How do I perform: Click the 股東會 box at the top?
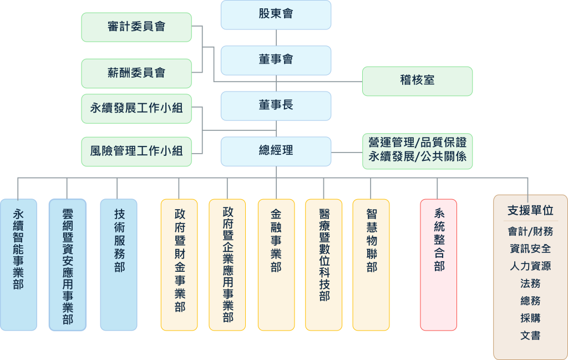tap(276, 14)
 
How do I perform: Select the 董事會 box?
tap(276, 60)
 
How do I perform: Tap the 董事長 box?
tap(276, 105)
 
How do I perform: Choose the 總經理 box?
tap(276, 151)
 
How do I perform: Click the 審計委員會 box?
tap(136, 27)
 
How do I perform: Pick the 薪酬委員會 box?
tap(136, 73)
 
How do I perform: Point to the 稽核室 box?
tap(417, 81)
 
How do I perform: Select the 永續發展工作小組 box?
tap(136, 109)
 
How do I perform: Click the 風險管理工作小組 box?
tap(136, 151)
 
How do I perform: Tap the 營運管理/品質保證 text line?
tap(418, 143)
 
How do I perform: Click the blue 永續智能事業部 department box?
tap(18, 265)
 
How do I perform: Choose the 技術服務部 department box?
tap(119, 265)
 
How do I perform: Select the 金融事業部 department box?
tap(276, 265)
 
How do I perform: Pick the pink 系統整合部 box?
tap(439, 265)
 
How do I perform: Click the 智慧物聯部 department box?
tap(371, 265)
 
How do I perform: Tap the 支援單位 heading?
tap(530, 211)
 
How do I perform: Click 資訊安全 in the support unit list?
tap(530, 249)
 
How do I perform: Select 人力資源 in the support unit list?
tap(530, 266)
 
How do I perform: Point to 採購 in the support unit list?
tap(530, 318)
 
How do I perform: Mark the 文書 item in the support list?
tap(530, 336)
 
